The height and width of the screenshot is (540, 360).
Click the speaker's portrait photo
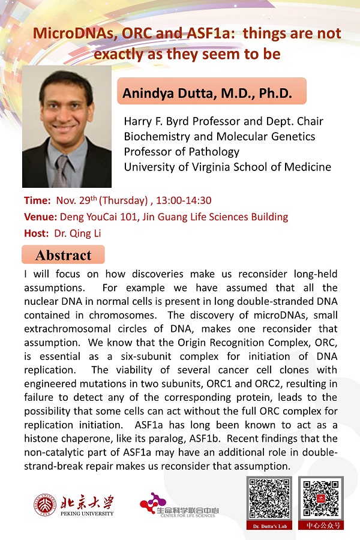click(x=67, y=127)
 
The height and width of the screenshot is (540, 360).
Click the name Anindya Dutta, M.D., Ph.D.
click(x=207, y=93)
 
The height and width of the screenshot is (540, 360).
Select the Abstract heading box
click(x=63, y=255)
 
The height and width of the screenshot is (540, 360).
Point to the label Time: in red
click(x=37, y=200)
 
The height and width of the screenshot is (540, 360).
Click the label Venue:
click(x=40, y=217)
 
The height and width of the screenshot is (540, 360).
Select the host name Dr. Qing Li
click(x=77, y=233)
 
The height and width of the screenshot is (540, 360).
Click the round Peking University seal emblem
click(x=43, y=504)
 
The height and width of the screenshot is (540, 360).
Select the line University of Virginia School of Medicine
click(x=227, y=167)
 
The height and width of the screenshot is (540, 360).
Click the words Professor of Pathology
click(x=181, y=152)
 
